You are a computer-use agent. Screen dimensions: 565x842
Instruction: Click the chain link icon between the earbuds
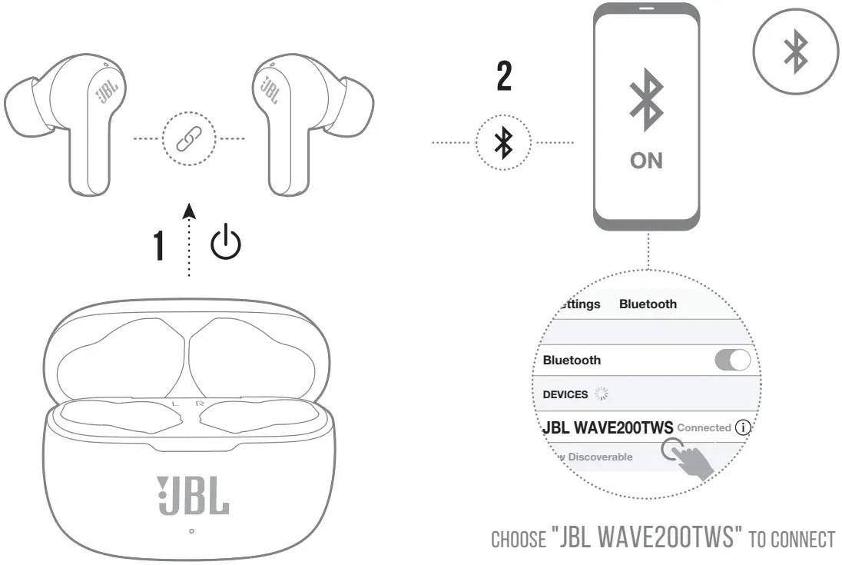189,139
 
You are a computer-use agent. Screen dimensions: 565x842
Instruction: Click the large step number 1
159,245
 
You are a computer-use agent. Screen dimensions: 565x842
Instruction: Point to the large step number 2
504,78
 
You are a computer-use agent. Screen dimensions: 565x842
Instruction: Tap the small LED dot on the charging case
191,531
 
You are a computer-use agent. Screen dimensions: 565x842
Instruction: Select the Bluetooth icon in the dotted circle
503,143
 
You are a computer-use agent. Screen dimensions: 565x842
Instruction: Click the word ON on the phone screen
646,161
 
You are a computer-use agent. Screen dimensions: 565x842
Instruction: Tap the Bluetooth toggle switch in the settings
731,360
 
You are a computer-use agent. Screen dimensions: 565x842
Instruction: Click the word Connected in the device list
704,427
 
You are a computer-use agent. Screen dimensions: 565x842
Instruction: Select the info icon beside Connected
742,427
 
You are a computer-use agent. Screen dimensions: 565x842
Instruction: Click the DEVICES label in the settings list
565,394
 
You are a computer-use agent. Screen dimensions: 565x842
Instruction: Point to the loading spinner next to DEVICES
600,394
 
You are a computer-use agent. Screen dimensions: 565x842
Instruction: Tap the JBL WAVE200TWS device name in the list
608,427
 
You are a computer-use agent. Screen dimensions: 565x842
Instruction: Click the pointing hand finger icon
691,460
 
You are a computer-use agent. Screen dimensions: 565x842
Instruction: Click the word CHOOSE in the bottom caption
517,540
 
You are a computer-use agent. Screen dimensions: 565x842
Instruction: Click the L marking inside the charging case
175,402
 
